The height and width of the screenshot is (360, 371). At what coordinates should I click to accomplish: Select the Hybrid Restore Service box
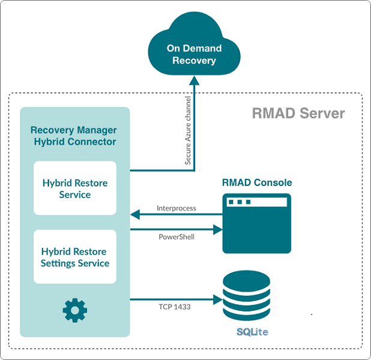pyautogui.click(x=75, y=188)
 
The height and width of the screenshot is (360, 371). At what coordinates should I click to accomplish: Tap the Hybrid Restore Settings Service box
pyautogui.click(x=75, y=257)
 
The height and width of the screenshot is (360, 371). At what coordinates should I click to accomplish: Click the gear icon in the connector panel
pyautogui.click(x=75, y=310)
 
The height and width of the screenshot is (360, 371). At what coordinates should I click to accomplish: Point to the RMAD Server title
pyautogui.click(x=298, y=113)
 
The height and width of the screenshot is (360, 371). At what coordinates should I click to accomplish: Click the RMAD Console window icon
pyautogui.click(x=256, y=223)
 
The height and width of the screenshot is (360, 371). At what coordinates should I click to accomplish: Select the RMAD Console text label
pyautogui.click(x=257, y=182)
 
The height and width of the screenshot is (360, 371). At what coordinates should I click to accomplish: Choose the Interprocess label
pyautogui.click(x=176, y=208)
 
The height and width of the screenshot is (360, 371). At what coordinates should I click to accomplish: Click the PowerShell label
pyautogui.click(x=176, y=237)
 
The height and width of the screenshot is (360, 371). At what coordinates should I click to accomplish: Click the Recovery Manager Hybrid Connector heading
pyautogui.click(x=73, y=136)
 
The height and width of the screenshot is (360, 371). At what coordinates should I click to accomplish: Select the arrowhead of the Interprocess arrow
pyautogui.click(x=134, y=214)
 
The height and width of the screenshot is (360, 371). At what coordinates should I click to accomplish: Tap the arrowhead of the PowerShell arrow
pyautogui.click(x=217, y=229)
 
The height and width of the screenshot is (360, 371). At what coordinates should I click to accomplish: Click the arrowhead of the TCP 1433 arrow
pyautogui.click(x=217, y=298)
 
